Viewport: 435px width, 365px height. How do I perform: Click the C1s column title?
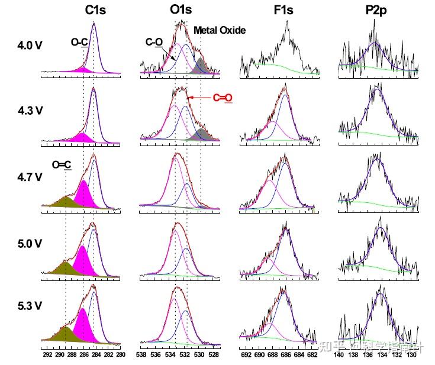pos(96,10)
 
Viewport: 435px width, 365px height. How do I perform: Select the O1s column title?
pos(181,10)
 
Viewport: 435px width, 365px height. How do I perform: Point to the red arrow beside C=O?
pos(199,97)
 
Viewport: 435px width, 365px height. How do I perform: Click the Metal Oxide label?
pos(220,30)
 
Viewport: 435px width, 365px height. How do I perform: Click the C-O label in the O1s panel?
pos(154,43)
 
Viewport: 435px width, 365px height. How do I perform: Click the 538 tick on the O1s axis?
pos(141,356)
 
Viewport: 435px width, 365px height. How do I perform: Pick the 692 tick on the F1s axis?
pos(246,356)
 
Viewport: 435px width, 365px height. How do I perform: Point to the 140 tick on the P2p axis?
pos(339,356)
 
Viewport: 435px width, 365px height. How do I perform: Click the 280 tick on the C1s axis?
pos(121,356)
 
